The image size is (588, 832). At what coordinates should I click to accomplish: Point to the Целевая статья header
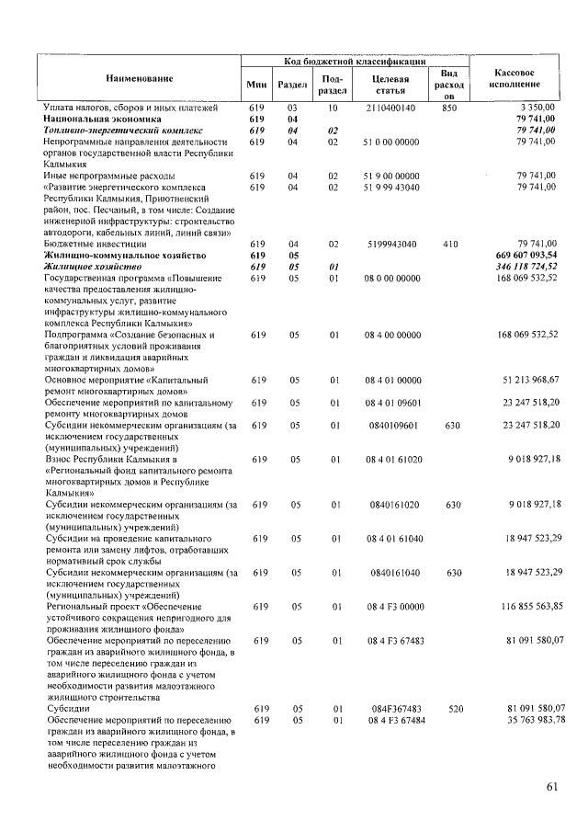coord(390,84)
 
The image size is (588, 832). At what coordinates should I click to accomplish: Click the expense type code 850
coord(448,108)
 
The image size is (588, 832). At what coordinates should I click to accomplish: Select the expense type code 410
coord(448,244)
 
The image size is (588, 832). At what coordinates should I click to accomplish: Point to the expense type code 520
coord(448,708)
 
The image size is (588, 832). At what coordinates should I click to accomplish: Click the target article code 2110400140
coord(390,108)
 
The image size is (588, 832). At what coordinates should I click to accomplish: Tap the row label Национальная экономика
coord(101,119)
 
